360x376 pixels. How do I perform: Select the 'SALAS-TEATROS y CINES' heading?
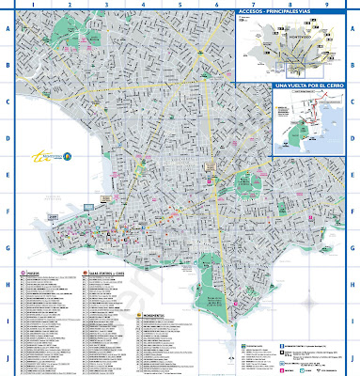pos(108,274)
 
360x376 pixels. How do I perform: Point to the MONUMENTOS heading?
pos(156,315)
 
